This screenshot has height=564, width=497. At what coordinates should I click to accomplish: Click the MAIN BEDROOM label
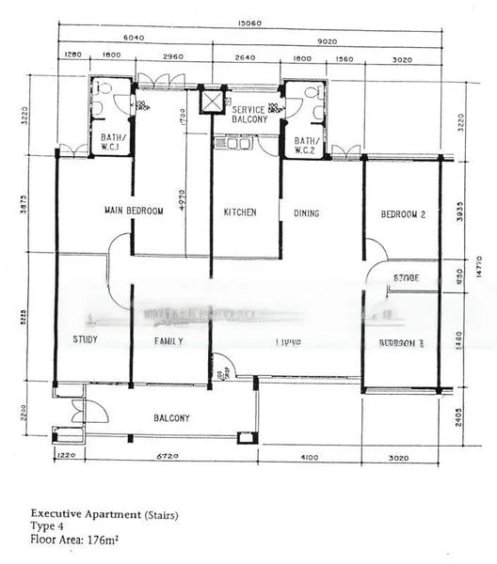click(x=133, y=211)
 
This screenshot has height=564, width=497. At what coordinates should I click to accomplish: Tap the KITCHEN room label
click(x=239, y=212)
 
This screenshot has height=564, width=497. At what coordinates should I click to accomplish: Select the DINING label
click(x=306, y=213)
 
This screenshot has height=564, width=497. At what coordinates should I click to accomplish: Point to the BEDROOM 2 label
click(x=403, y=214)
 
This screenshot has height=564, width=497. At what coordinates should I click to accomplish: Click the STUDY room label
click(x=85, y=340)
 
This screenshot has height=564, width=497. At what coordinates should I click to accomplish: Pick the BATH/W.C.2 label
click(x=308, y=146)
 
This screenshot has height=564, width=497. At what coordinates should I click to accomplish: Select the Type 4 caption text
click(x=47, y=527)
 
